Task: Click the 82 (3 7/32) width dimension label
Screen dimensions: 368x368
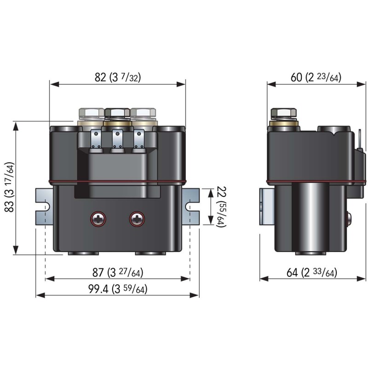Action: pyautogui.click(x=118, y=77)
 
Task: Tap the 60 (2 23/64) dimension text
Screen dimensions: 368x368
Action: pyautogui.click(x=316, y=77)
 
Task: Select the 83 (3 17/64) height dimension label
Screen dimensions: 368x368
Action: pyautogui.click(x=10, y=187)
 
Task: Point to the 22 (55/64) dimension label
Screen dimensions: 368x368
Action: pyautogui.click(x=221, y=207)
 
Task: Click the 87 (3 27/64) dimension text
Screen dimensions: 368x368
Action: pyautogui.click(x=118, y=272)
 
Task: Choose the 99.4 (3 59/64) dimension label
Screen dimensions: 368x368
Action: pyautogui.click(x=118, y=289)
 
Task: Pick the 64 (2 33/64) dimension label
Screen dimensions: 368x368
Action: pyautogui.click(x=312, y=272)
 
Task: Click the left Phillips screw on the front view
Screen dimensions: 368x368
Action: pyautogui.click(x=98, y=219)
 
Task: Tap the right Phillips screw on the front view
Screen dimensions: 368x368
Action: pyautogui.click(x=137, y=219)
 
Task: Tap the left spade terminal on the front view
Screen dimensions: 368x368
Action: pyautogui.click(x=96, y=139)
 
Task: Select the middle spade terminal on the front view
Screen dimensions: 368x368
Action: pyautogui.click(x=117, y=139)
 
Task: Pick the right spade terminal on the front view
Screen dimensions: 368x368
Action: pyautogui.click(x=139, y=139)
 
